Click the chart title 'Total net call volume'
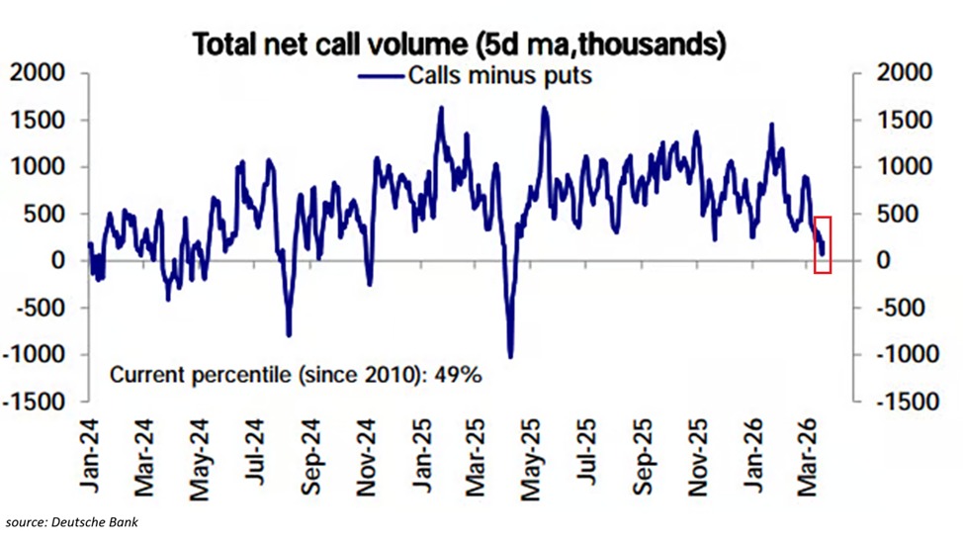coord(459,45)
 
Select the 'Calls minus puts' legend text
coord(499,75)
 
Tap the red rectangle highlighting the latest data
coord(823,244)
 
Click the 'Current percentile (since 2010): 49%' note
coord(295,376)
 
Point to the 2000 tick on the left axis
coord(37,73)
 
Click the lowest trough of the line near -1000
coord(510,355)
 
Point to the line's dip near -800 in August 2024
coord(289,334)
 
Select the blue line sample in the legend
coord(382,75)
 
